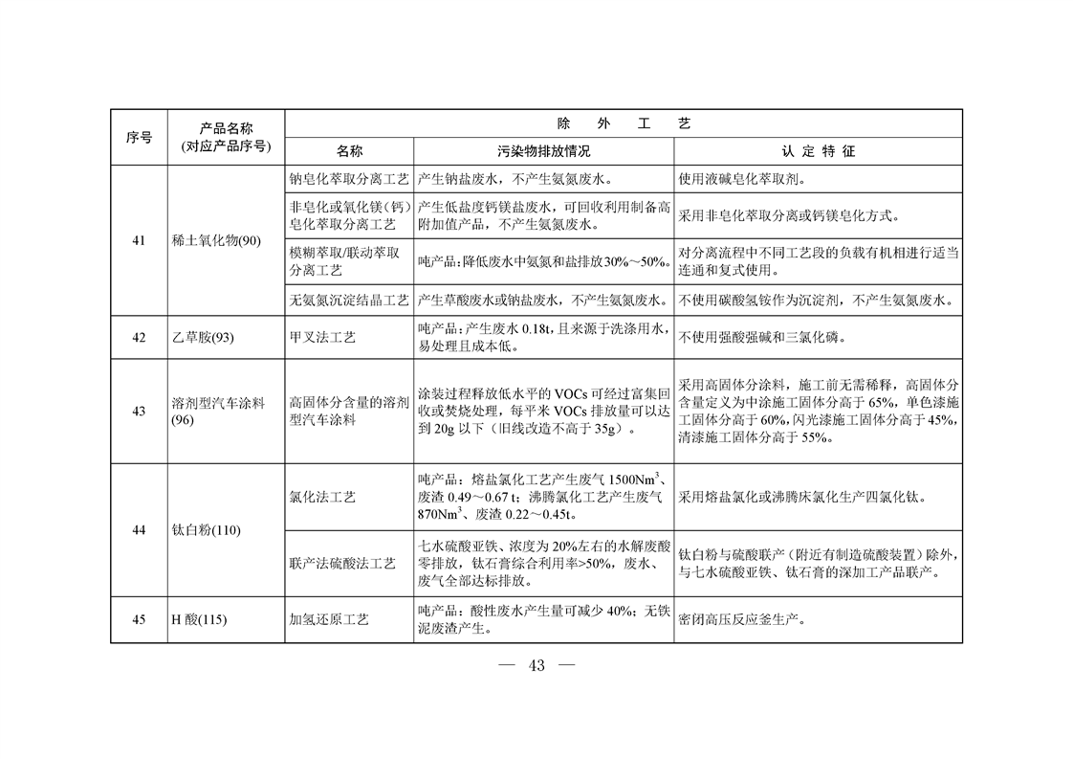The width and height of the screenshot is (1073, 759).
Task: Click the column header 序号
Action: pyautogui.click(x=139, y=138)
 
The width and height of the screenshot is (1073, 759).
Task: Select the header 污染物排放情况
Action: pyautogui.click(x=543, y=152)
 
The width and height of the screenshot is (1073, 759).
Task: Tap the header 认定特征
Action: pyautogui.click(x=818, y=152)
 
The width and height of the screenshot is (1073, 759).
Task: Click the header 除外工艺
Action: pyautogui.click(x=624, y=123)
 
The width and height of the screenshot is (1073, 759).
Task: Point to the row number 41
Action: pyautogui.click(x=139, y=240)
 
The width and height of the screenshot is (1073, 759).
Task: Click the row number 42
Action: pyautogui.click(x=139, y=337)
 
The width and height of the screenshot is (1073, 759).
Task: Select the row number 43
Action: pyautogui.click(x=139, y=412)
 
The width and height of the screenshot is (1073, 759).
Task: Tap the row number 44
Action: pyautogui.click(x=139, y=530)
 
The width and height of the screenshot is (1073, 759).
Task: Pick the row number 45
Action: pyautogui.click(x=139, y=619)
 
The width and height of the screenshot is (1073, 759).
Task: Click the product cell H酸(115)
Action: pyautogui.click(x=199, y=619)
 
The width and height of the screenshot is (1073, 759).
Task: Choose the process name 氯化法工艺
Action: pyautogui.click(x=322, y=498)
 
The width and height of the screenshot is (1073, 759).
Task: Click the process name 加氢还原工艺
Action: pyautogui.click(x=329, y=619)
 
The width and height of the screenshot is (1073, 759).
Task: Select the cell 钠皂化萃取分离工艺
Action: pyautogui.click(x=349, y=179)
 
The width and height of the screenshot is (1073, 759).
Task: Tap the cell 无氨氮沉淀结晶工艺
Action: pyautogui.click(x=349, y=301)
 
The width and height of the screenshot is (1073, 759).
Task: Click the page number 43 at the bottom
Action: pyautogui.click(x=536, y=666)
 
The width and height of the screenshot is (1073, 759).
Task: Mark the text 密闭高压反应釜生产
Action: pyautogui.click(x=740, y=619)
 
